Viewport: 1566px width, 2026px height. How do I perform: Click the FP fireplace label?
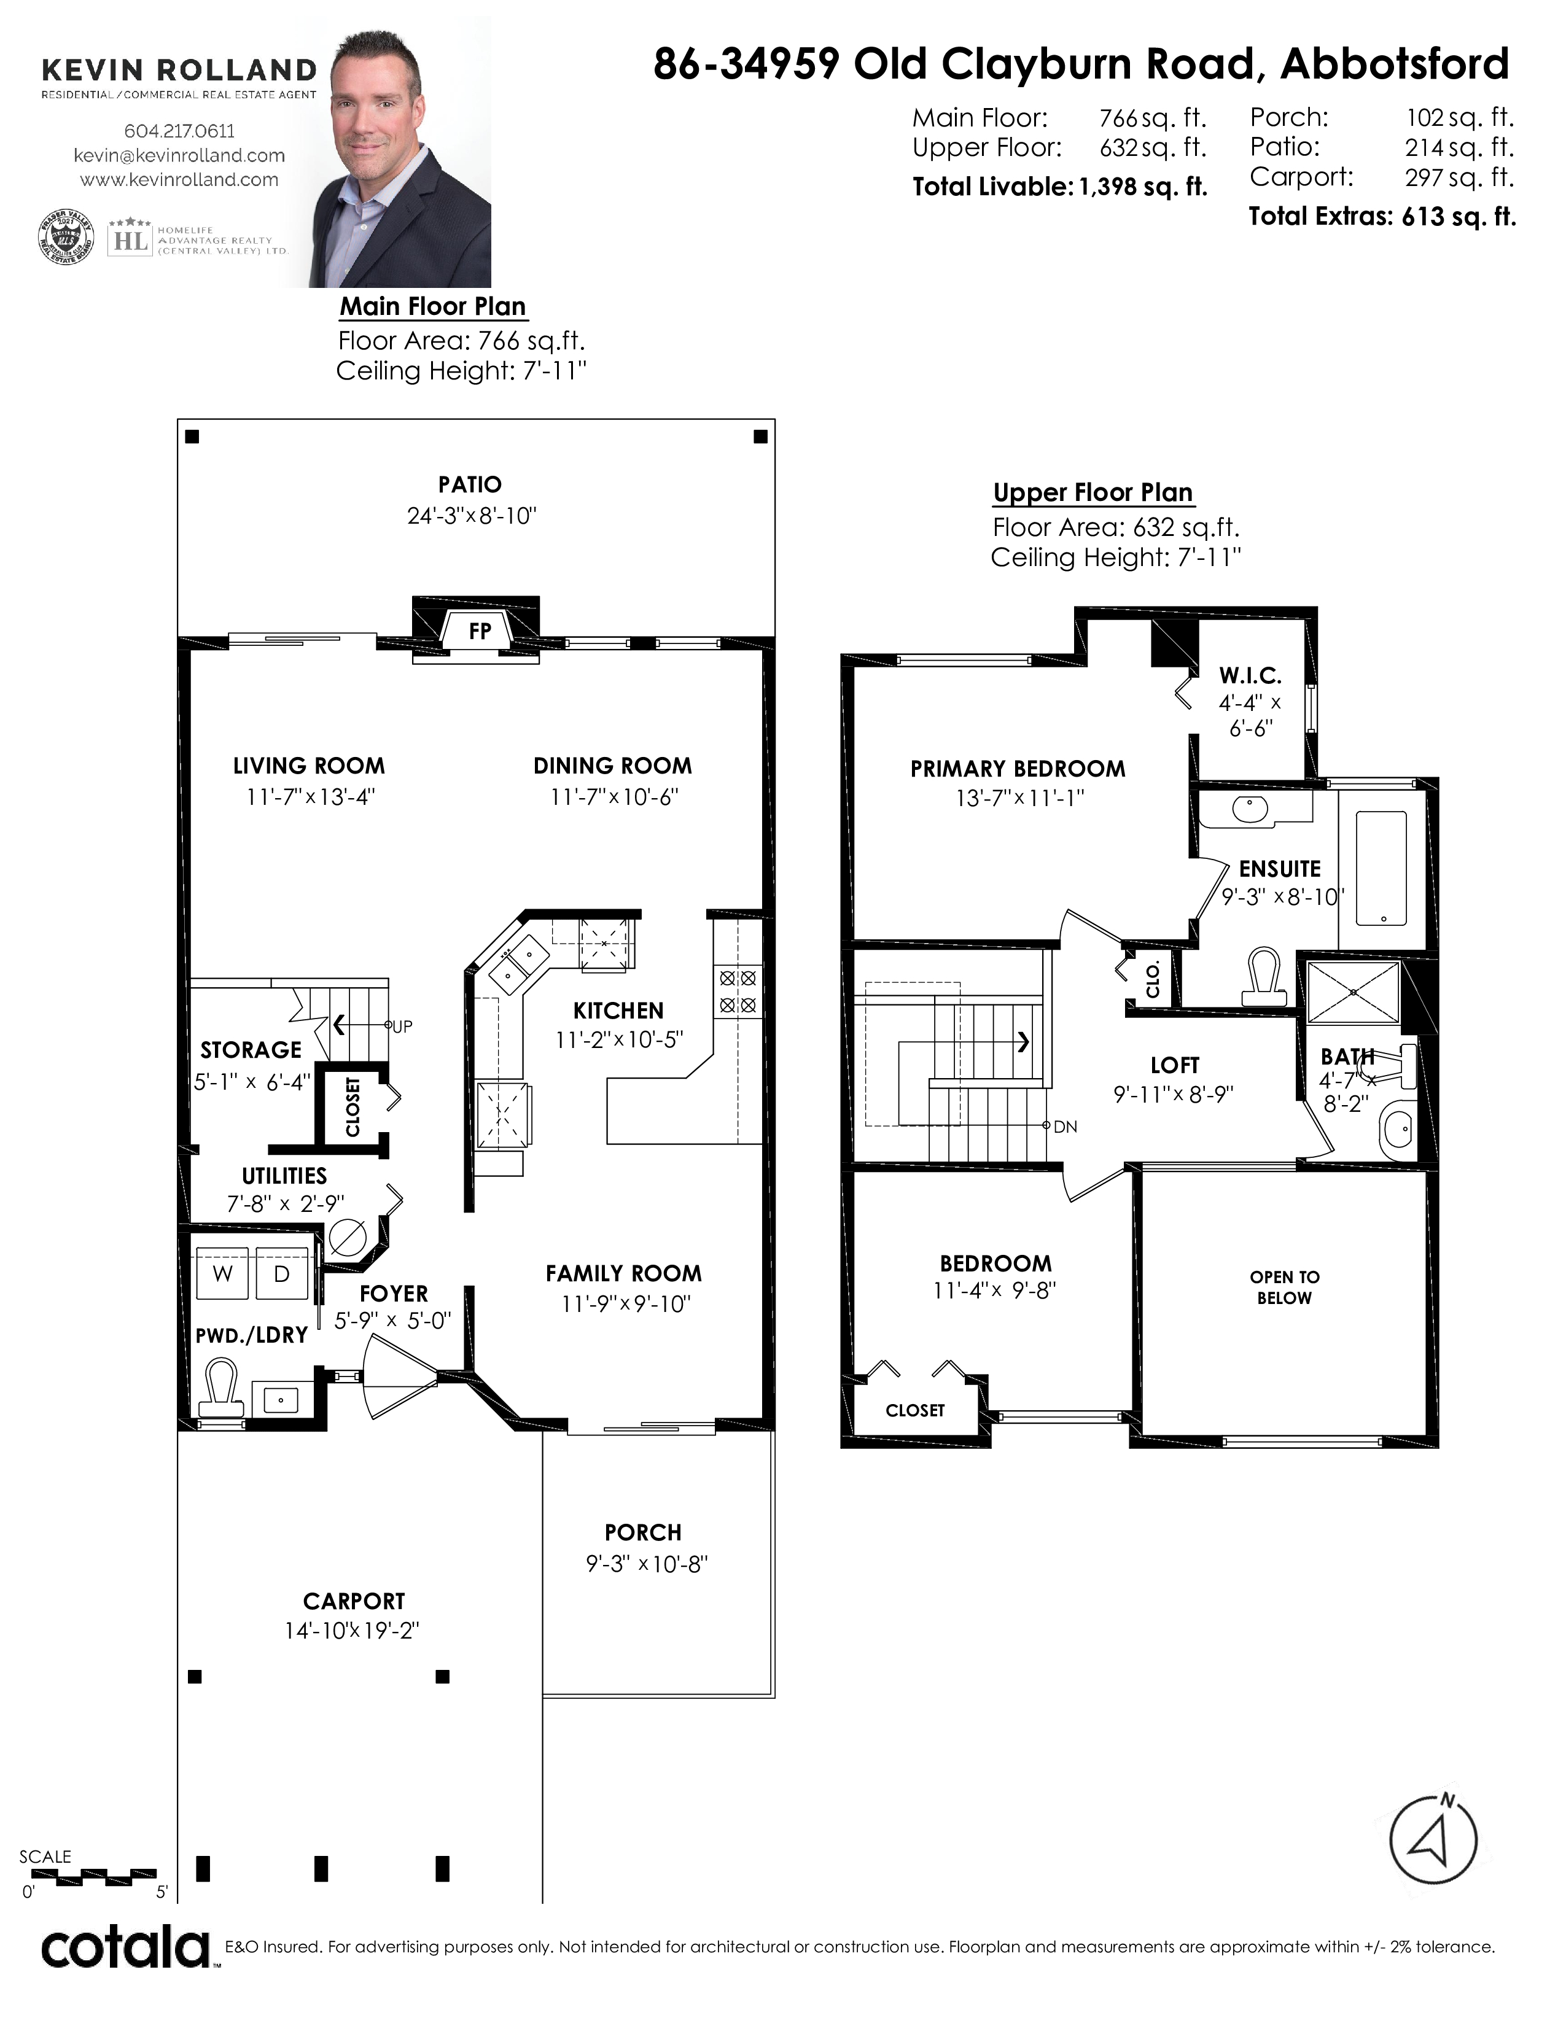click(x=480, y=631)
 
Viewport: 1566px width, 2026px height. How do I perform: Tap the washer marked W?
click(x=223, y=1274)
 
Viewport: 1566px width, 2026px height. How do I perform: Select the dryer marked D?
click(x=282, y=1274)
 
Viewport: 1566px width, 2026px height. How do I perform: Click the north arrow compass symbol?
click(x=1433, y=1839)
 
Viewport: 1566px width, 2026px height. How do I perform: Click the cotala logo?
click(x=126, y=1947)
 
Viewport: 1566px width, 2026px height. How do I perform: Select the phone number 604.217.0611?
click(x=179, y=132)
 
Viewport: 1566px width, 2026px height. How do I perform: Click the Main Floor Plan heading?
click(x=433, y=306)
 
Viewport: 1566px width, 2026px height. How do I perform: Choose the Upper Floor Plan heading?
click(x=1093, y=492)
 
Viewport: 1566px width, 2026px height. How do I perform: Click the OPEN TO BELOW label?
click(x=1284, y=1287)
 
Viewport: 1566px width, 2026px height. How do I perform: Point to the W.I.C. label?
click(x=1250, y=675)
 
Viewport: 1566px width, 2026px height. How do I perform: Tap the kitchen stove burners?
click(x=738, y=991)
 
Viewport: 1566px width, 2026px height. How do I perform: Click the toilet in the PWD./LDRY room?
click(x=221, y=1389)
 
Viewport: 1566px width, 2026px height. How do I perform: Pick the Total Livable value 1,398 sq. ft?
click(x=1142, y=187)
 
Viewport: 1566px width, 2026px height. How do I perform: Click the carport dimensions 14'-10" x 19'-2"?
click(x=353, y=1630)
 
